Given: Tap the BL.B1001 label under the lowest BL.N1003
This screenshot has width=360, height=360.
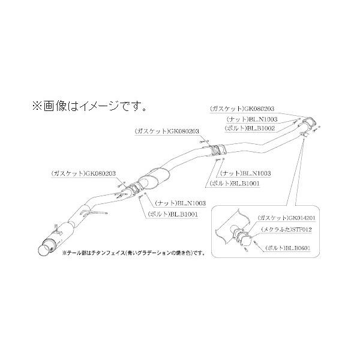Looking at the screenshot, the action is [175, 214].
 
